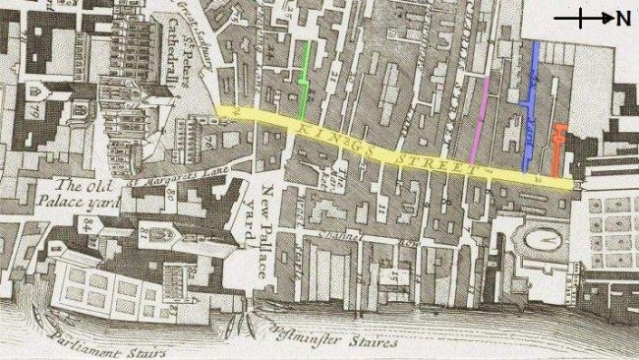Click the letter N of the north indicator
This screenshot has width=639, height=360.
pyautogui.click(x=622, y=18)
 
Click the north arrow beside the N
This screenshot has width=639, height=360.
pyautogui.click(x=583, y=18)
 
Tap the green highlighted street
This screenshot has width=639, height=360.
pyautogui.click(x=309, y=74)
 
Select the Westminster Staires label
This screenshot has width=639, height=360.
pyautogui.click(x=334, y=342)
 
